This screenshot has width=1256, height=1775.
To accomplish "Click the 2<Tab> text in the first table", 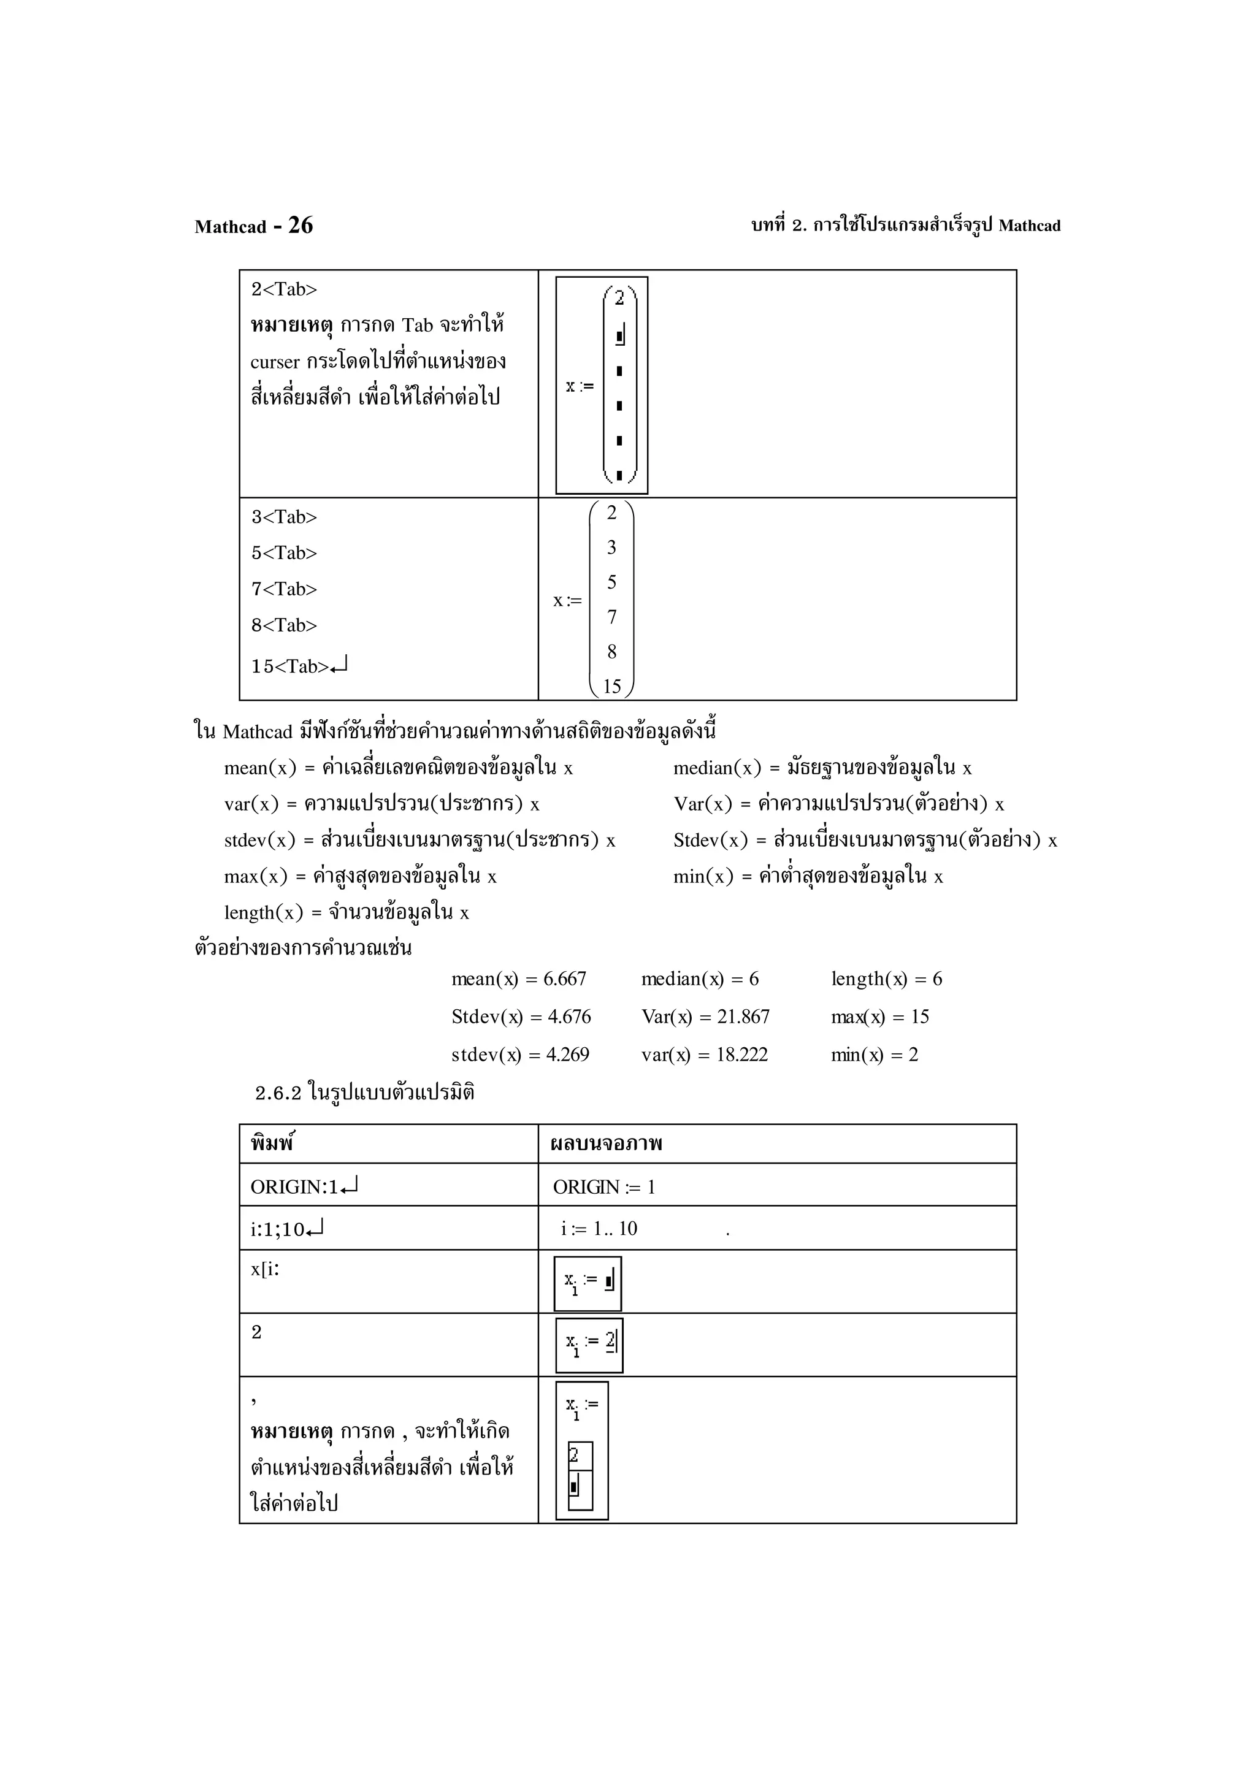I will pos(284,289).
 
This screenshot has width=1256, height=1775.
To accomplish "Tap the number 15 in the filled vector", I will pos(612,685).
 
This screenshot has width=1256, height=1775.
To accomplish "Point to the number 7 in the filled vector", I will pos(612,617).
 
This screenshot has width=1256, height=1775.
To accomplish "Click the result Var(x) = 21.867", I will pos(705,1017).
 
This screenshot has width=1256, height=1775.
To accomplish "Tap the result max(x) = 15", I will pos(879,1017).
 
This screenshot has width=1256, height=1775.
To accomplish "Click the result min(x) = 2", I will pos(874,1055).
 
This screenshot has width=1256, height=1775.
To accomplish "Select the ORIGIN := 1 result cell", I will pos(604,1186).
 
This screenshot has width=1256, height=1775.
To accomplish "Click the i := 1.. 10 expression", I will pos(599,1229).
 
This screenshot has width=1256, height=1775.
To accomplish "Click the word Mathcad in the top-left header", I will pos(230,226).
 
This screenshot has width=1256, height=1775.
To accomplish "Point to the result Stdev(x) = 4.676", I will pos(521,1017).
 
